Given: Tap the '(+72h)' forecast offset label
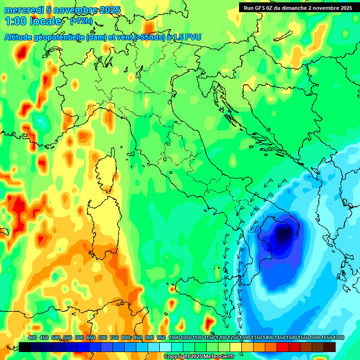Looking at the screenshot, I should (x=81, y=22).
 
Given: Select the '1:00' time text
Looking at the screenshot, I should (x=15, y=22).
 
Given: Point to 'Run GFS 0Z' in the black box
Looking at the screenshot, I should (x=263, y=8).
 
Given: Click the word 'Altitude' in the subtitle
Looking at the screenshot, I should (x=21, y=37).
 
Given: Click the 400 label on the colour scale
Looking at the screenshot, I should (x=32, y=338).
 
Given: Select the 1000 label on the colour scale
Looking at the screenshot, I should (x=174, y=338).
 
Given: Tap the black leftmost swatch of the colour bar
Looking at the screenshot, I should (x=25, y=347).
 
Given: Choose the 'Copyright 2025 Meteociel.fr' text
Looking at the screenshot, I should (x=199, y=356).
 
